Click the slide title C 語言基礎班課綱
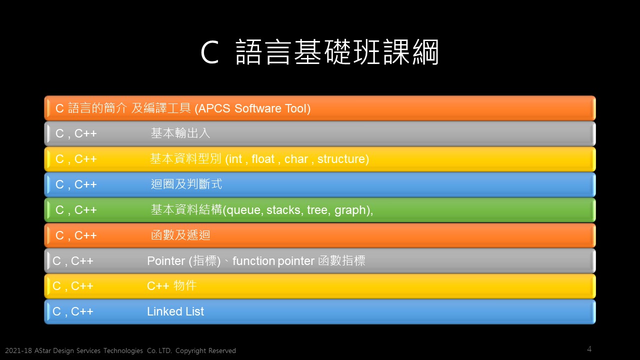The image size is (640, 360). coord(319,52)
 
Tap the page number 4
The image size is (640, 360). coord(589,349)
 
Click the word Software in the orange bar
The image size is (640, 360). coord(258,108)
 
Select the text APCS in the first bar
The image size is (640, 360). coord(214,108)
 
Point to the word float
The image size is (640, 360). coord(263,159)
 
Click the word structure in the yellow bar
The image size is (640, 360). coord(341,159)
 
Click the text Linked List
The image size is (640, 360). coord(175,311)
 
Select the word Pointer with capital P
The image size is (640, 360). coord(166,261)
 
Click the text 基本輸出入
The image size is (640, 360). coord(180,133)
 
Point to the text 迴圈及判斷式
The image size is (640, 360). coord(186,184)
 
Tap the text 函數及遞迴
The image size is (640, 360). coord(180,235)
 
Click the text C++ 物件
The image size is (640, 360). coord(171,286)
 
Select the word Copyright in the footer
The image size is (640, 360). coord(190,351)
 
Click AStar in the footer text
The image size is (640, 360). coord(43,350)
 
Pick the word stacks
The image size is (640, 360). coord(283,210)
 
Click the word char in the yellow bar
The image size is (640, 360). coord(296,159)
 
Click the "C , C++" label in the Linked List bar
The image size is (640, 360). coord(73,311)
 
